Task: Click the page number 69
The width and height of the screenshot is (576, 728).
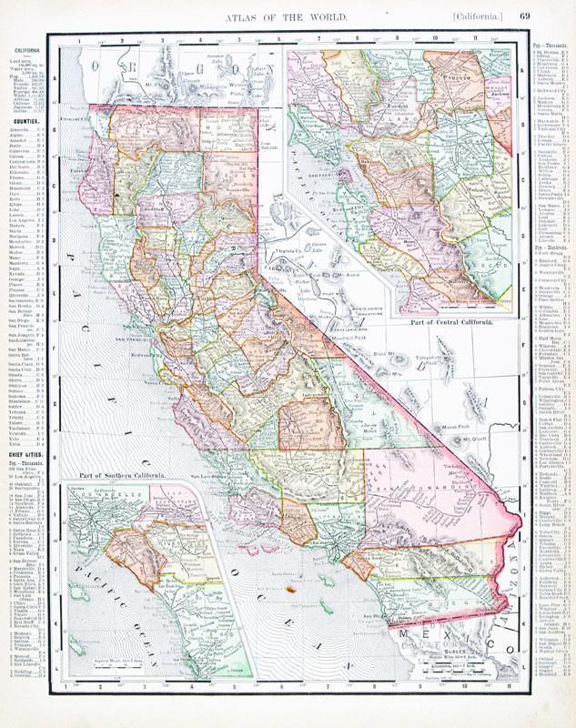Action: (525, 15)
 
